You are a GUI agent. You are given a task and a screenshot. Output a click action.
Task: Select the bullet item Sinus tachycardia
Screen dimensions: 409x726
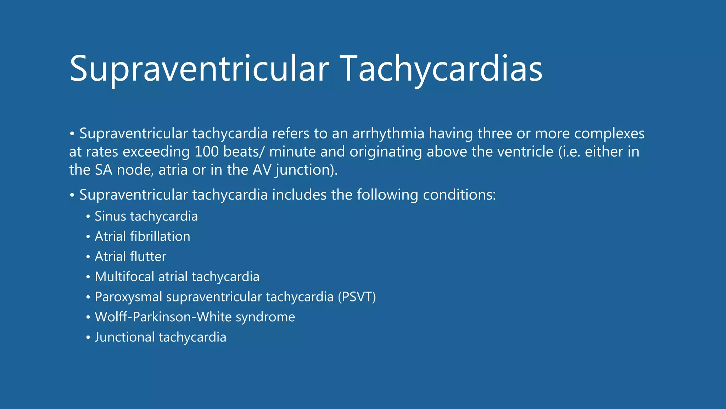[x=146, y=216]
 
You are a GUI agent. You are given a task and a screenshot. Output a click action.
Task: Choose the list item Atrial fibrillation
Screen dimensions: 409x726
[x=142, y=236]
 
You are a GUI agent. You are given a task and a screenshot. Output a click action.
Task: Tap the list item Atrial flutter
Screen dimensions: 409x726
[x=130, y=256]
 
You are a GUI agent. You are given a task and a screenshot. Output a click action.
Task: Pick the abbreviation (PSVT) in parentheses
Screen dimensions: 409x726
[x=357, y=297]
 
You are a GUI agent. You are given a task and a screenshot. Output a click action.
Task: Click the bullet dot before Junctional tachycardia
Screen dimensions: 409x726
[x=88, y=338]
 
